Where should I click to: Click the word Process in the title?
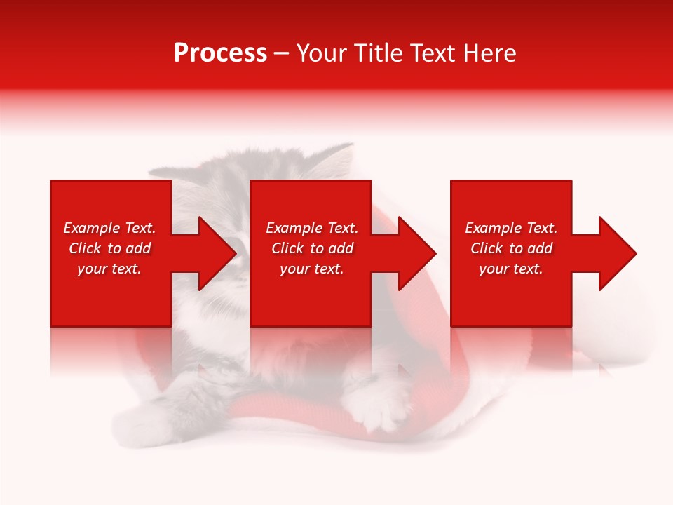coord(220,53)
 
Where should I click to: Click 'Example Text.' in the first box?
coord(109,228)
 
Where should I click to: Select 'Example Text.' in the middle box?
coord(312,228)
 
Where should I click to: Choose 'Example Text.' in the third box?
coord(511,228)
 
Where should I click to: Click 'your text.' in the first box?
coord(109,269)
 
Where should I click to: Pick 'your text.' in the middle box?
coord(312,269)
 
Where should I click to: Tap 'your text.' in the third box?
coord(511,269)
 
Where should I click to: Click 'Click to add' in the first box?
coord(109,248)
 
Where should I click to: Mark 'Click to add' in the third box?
coord(511,248)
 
